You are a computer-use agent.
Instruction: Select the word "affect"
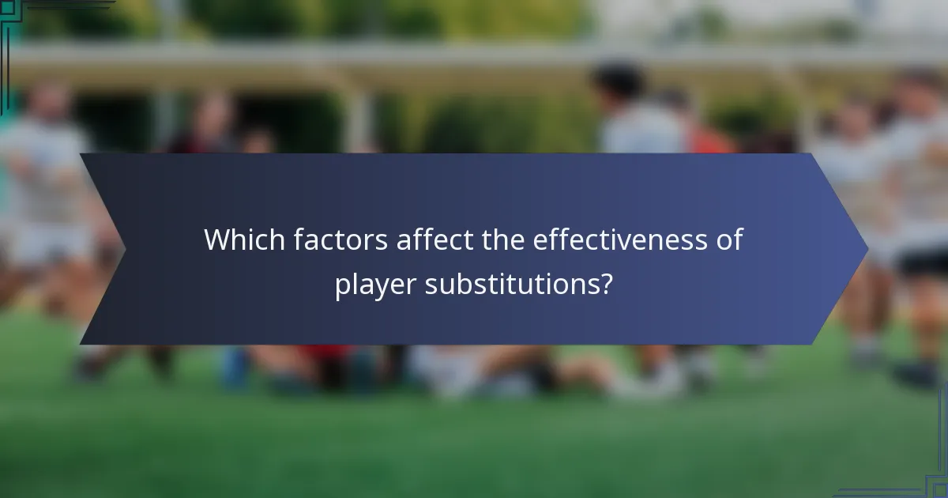[x=434, y=240]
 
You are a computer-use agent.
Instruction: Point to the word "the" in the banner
[x=503, y=240]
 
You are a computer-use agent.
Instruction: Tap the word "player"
[x=375, y=284]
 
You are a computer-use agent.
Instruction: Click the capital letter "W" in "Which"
[x=217, y=240]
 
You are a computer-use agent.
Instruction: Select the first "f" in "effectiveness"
[x=549, y=239]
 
